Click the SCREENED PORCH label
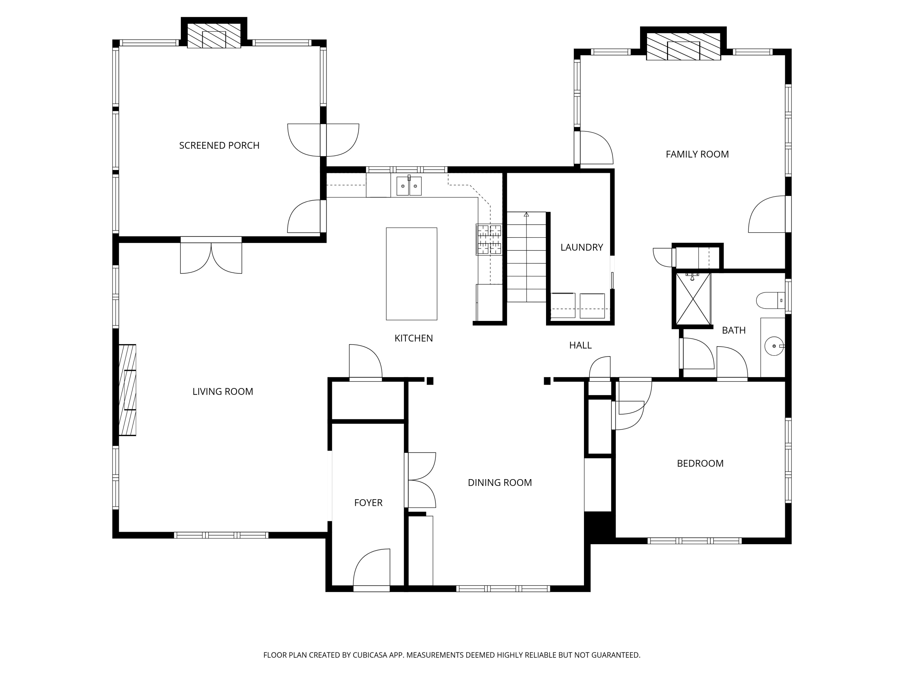pyautogui.click(x=219, y=146)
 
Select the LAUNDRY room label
pyautogui.click(x=581, y=247)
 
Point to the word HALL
pyautogui.click(x=580, y=345)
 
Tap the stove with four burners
pyautogui.click(x=489, y=240)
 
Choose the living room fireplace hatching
pyautogui.click(x=127, y=390)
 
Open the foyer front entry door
pyautogui.click(x=371, y=570)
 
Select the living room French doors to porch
pyautogui.click(x=211, y=257)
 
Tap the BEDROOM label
pyautogui.click(x=700, y=463)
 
